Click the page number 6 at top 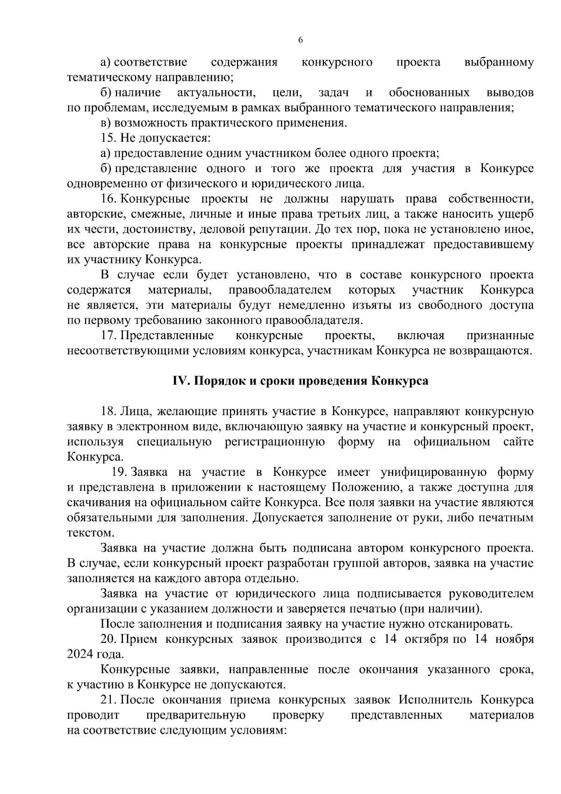point(301,40)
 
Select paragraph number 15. point(108,138)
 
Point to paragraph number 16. point(108,199)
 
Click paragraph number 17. point(108,335)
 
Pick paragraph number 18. point(108,411)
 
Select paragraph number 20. point(108,639)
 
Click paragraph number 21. point(108,700)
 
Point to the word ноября point(515,639)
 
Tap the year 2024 point(80,655)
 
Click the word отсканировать point(472,624)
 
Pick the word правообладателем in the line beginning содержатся point(280,290)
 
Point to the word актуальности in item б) point(216,93)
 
